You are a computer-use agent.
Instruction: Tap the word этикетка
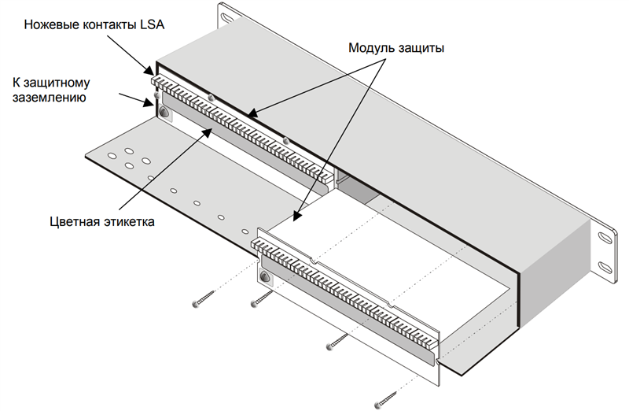point(129,221)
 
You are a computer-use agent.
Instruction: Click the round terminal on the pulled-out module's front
point(264,278)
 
